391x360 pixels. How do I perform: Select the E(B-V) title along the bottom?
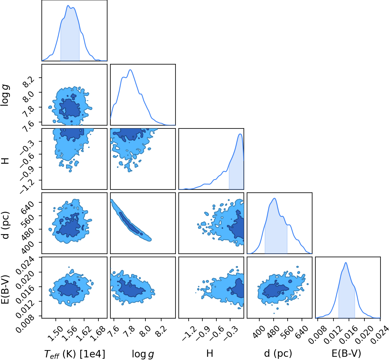(x=346, y=353)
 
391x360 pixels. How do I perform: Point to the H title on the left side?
(x=6, y=161)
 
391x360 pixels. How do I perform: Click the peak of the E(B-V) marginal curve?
(x=345, y=262)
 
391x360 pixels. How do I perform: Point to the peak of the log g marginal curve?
(x=131, y=70)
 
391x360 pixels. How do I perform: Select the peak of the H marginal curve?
(x=240, y=134)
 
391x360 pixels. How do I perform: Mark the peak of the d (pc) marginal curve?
(x=274, y=198)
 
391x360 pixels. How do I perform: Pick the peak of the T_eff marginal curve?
(x=68, y=6)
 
